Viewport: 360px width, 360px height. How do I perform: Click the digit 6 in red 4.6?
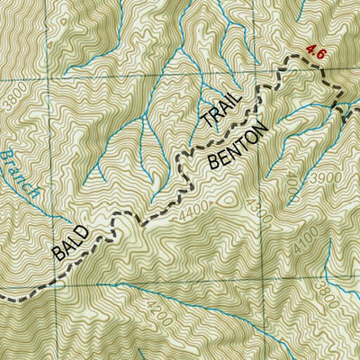319,53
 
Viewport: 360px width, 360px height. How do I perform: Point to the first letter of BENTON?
218,166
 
